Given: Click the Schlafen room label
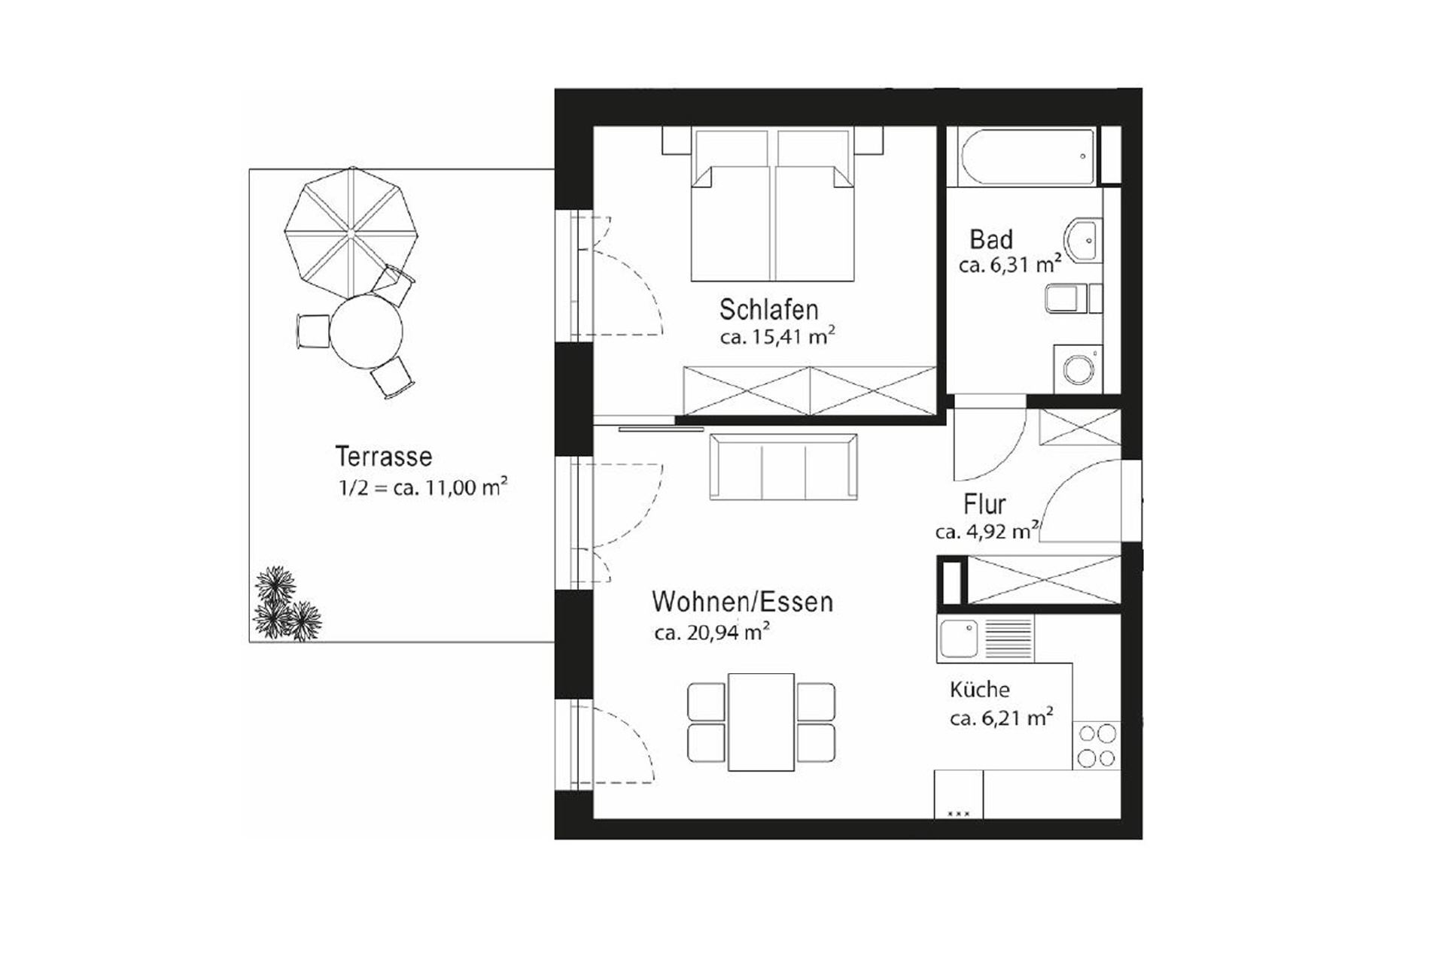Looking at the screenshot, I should click(x=768, y=309).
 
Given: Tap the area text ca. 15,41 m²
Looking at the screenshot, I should click(x=777, y=337).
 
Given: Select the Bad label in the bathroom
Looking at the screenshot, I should click(x=990, y=240).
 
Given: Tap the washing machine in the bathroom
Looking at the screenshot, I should click(x=1078, y=369).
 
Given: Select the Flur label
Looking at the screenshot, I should click(x=984, y=504).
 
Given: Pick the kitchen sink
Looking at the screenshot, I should click(x=959, y=638).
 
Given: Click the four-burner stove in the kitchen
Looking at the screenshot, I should click(x=1096, y=745).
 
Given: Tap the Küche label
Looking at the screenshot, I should click(x=979, y=689).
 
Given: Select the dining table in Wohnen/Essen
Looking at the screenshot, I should click(x=761, y=722).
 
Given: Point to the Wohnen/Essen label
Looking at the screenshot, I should click(x=742, y=602).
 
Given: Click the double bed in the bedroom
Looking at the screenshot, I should click(x=773, y=214).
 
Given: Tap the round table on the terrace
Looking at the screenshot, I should click(x=366, y=332).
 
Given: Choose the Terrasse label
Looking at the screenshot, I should click(x=383, y=457).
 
